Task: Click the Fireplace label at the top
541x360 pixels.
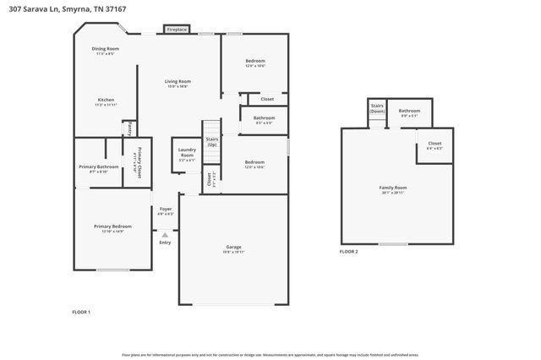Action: [x=177, y=30]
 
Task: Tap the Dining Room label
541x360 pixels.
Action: [x=106, y=51]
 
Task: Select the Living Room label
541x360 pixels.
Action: [x=178, y=83]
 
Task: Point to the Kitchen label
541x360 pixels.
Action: [x=106, y=101]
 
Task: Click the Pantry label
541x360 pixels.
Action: [x=128, y=128]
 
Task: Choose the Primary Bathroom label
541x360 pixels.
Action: [x=99, y=168]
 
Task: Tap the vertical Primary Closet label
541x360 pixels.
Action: [x=136, y=161]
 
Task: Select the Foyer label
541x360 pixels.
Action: [x=166, y=210]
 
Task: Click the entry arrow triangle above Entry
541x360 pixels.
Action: [x=165, y=235]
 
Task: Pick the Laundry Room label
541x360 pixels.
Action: [x=187, y=154]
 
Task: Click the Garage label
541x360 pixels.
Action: [x=233, y=248]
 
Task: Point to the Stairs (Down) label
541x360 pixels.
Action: [x=377, y=109]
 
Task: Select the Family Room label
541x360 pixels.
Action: [x=392, y=188]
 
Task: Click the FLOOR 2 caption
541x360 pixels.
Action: [x=348, y=252]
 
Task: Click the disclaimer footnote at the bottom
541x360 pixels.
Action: [x=270, y=355]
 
